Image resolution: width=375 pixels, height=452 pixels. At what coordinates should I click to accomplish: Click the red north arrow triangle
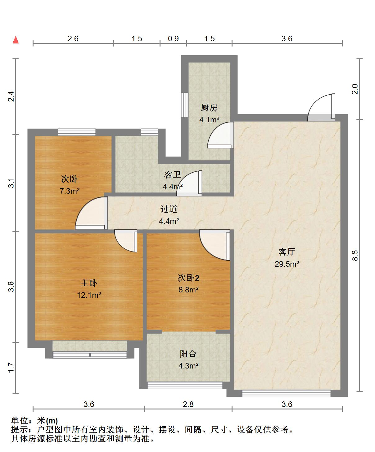(x=16, y=40)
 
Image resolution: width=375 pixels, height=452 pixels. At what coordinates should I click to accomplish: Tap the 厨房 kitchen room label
(x=209, y=108)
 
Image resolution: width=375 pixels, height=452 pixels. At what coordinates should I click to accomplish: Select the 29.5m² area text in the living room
(x=287, y=264)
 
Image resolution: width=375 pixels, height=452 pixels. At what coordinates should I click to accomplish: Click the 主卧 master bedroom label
(x=89, y=283)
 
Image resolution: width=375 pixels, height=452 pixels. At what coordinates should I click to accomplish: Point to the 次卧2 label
(x=188, y=278)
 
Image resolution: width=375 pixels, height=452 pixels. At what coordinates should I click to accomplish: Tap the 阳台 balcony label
(x=188, y=354)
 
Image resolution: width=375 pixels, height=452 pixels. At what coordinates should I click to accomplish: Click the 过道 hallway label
(x=169, y=209)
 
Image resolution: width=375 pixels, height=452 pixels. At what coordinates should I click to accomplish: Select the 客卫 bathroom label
(x=172, y=175)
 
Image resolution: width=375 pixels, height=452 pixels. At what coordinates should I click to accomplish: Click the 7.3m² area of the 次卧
(x=70, y=191)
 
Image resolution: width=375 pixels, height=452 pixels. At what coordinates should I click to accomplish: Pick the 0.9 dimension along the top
(x=173, y=38)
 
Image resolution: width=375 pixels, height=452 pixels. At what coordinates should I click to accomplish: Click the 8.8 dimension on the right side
(x=355, y=255)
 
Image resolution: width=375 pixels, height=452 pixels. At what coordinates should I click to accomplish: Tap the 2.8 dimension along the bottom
(x=188, y=404)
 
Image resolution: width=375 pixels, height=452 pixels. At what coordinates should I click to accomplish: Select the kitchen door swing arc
(x=220, y=135)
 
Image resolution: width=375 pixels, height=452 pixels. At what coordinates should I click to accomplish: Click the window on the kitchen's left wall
(x=184, y=105)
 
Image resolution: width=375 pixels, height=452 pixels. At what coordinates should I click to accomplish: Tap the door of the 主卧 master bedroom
(x=126, y=241)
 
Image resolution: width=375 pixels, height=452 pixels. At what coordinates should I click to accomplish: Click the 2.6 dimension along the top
(x=73, y=38)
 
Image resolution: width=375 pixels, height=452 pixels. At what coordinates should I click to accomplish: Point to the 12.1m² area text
(x=89, y=295)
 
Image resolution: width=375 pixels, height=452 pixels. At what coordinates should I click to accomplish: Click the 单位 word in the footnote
(x=20, y=421)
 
